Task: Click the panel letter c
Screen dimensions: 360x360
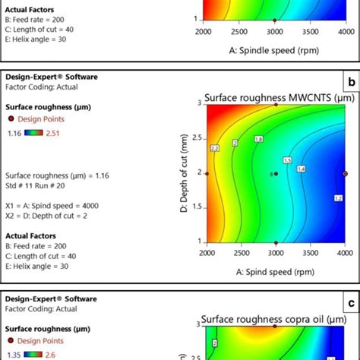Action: click(350, 304)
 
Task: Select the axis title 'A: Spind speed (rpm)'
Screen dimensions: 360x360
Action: click(275, 271)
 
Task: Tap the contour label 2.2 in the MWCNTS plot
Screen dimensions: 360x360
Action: click(215, 147)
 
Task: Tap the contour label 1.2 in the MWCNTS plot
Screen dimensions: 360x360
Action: click(338, 198)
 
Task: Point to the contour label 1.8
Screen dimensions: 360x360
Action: click(258, 140)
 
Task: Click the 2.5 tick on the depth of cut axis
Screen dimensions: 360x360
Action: click(195, 138)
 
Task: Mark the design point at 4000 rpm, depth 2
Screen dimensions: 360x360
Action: click(345, 173)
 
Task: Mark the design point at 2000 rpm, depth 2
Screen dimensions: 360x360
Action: click(207, 173)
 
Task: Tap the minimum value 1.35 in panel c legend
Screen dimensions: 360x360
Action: click(14, 355)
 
